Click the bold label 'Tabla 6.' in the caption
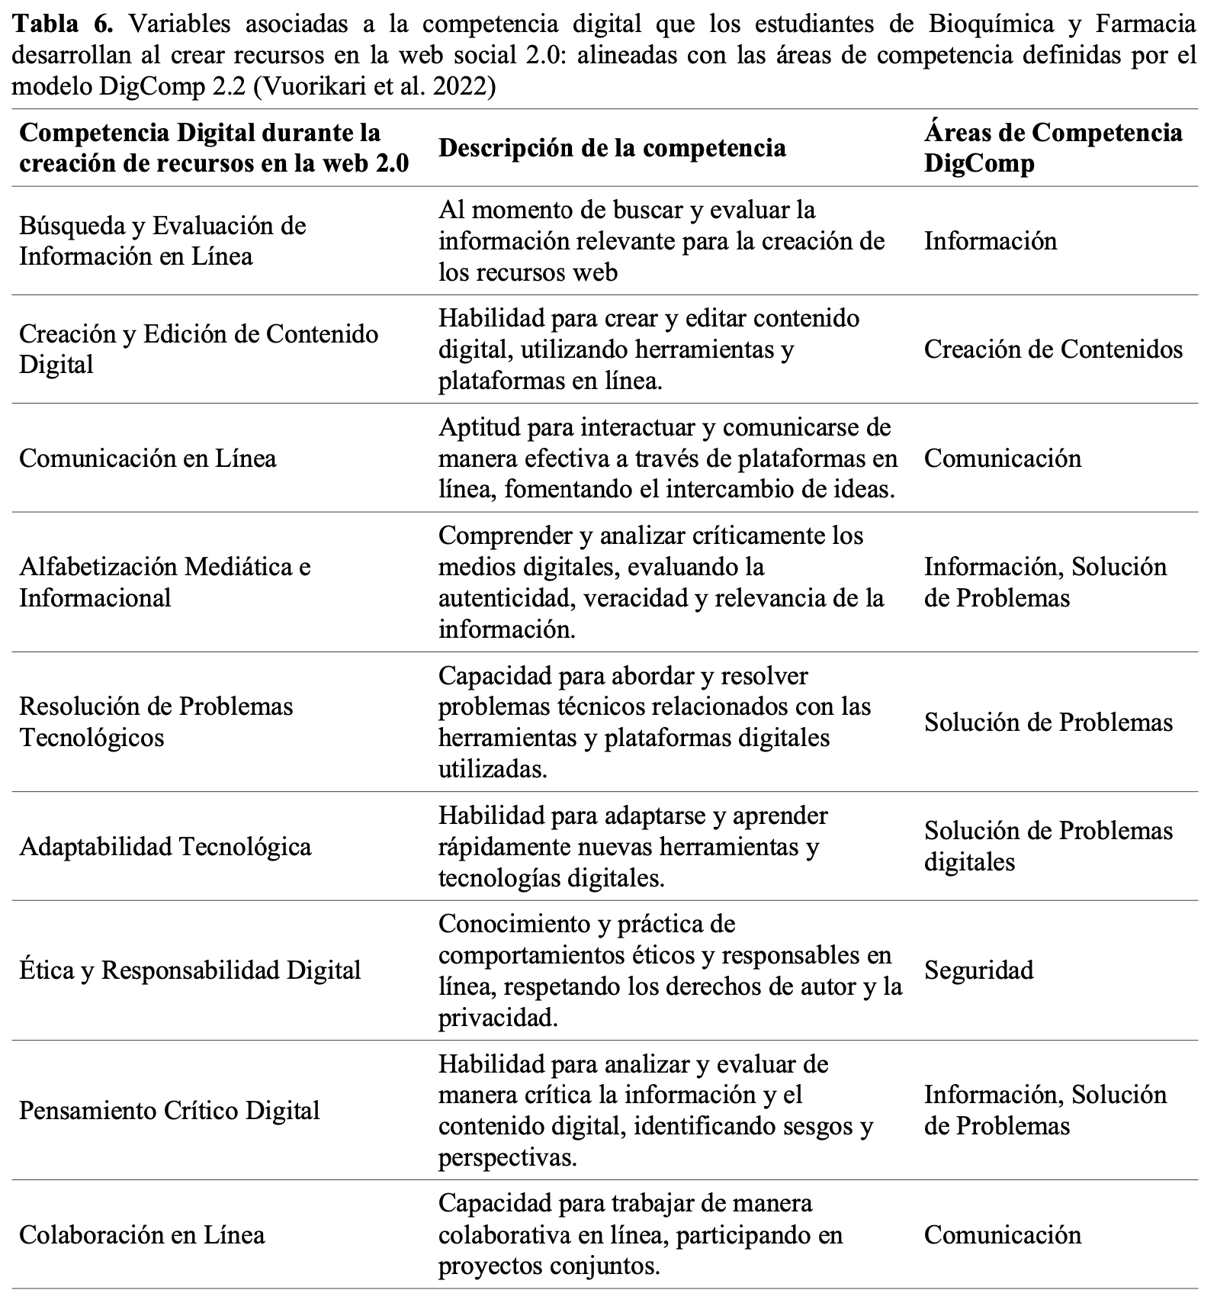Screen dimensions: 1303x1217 pyautogui.click(x=63, y=24)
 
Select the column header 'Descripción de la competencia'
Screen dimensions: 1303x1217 pyautogui.click(x=612, y=147)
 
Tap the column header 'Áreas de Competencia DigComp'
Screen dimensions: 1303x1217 pyautogui.click(x=1052, y=147)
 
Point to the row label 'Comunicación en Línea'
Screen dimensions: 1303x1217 pyautogui.click(x=147, y=458)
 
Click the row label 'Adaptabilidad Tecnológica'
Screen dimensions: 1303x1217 pyautogui.click(x=165, y=847)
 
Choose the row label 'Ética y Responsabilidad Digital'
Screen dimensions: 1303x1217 pyautogui.click(x=190, y=970)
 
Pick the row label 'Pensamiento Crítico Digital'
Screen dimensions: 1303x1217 pyautogui.click(x=169, y=1110)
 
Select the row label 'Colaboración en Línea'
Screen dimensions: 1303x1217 pyautogui.click(x=142, y=1234)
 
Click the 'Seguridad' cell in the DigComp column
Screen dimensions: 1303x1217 pyautogui.click(x=978, y=970)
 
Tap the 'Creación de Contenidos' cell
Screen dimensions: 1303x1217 pyautogui.click(x=1053, y=349)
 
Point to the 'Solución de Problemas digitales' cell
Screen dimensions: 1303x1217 pyautogui.click(x=1048, y=846)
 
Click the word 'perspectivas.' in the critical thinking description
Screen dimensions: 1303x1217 pyautogui.click(x=507, y=1157)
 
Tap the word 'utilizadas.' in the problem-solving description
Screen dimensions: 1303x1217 pyautogui.click(x=493, y=769)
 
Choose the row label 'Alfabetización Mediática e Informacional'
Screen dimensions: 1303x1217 pyautogui.click(x=165, y=582)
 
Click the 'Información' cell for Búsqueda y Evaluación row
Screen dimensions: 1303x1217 pyautogui.click(x=991, y=241)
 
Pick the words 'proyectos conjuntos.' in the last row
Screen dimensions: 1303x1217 pyautogui.click(x=549, y=1266)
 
